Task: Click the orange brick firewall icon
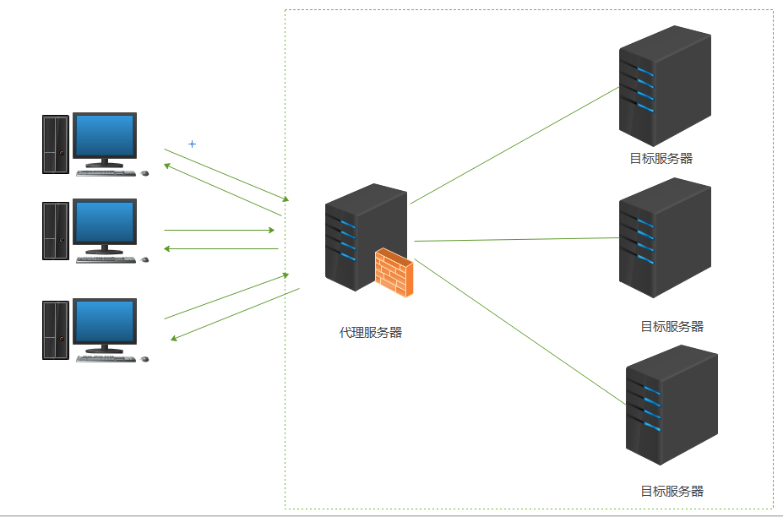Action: [x=394, y=273]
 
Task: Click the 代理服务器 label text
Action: [x=371, y=333]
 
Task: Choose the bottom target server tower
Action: [x=671, y=405]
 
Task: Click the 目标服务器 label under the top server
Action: [x=661, y=158]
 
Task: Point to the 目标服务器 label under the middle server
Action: [x=672, y=327]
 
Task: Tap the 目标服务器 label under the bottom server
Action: [x=672, y=492]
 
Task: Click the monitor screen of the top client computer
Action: [x=105, y=136]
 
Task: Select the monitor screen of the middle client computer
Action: [x=105, y=222]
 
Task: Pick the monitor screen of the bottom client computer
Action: [x=105, y=321]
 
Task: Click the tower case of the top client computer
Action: [x=56, y=144]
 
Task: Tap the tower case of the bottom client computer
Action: [x=56, y=329]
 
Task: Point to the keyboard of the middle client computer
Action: [x=106, y=259]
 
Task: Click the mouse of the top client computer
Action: [x=144, y=173]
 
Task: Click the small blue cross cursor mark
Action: [x=192, y=144]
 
